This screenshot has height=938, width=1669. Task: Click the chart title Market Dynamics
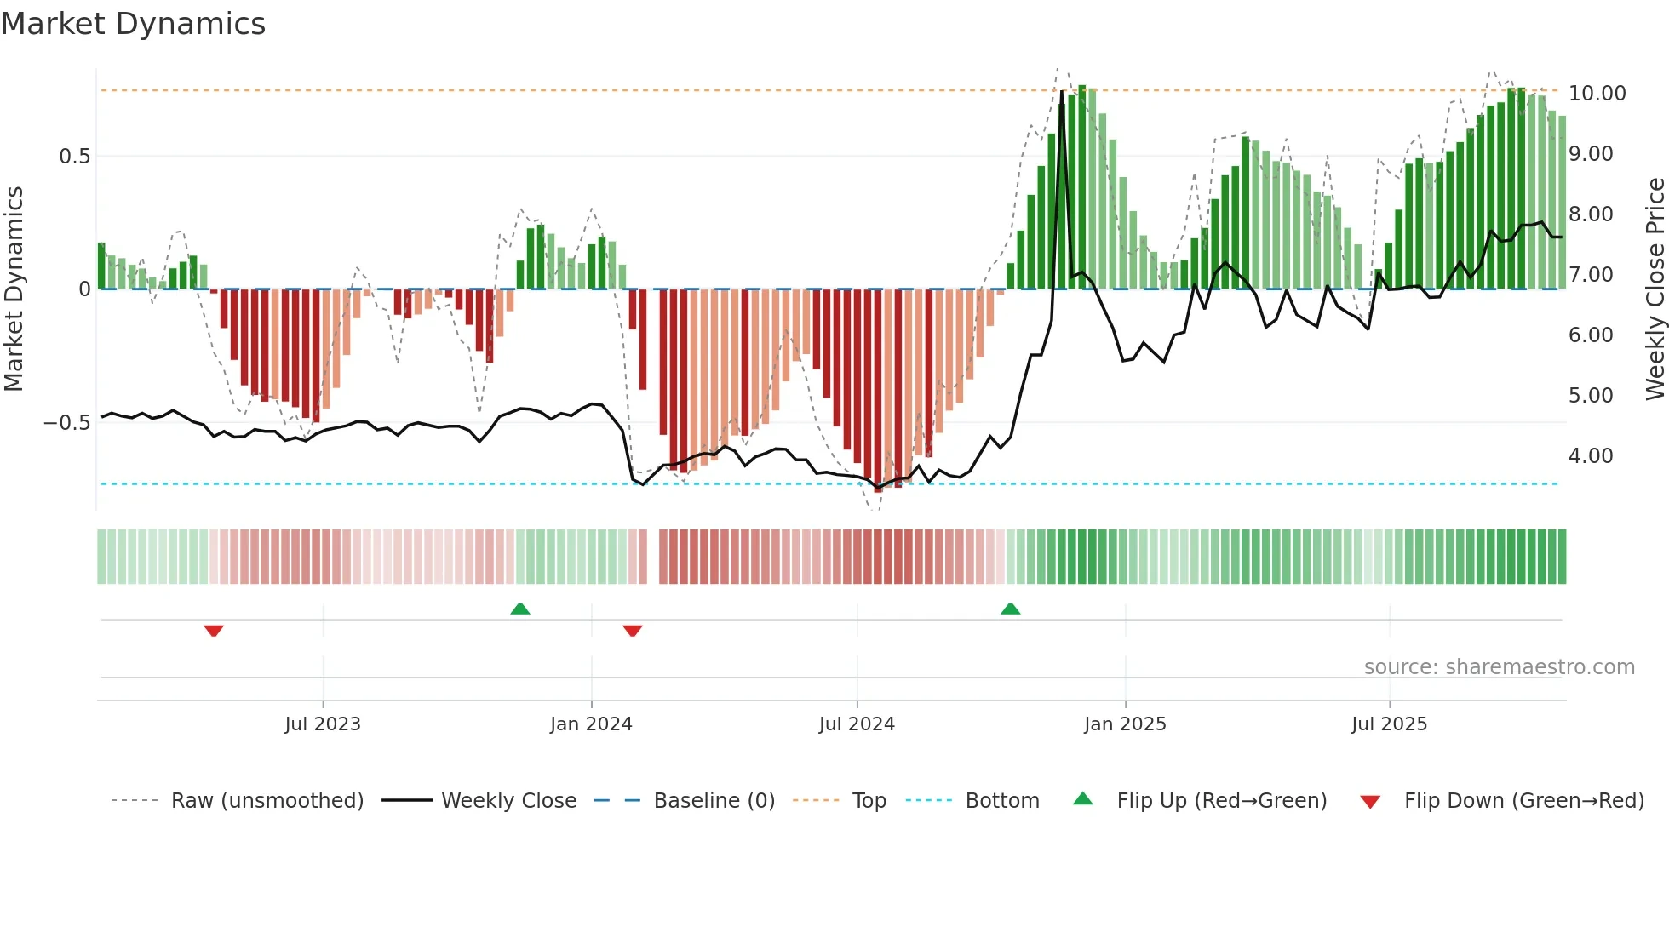[134, 24]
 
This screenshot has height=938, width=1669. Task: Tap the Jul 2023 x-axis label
[323, 724]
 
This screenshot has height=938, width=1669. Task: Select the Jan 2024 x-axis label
[591, 724]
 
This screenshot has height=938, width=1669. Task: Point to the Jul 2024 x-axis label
[857, 724]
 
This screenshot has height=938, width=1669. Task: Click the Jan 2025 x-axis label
[1125, 724]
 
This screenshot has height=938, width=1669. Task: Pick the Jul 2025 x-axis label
[1389, 724]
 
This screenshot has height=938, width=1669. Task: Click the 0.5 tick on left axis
[74, 157]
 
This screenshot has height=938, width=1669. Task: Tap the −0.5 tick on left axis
[67, 423]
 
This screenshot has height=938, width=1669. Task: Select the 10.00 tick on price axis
[1597, 94]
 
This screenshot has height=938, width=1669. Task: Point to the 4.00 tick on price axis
[1591, 456]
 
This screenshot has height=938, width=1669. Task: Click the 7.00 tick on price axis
[1591, 275]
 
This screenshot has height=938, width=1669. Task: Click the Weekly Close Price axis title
[1655, 289]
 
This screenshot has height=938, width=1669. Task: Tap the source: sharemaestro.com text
[1499, 667]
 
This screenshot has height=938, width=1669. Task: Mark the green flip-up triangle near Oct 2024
[1010, 609]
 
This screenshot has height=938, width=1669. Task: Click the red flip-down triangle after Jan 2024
[632, 631]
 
